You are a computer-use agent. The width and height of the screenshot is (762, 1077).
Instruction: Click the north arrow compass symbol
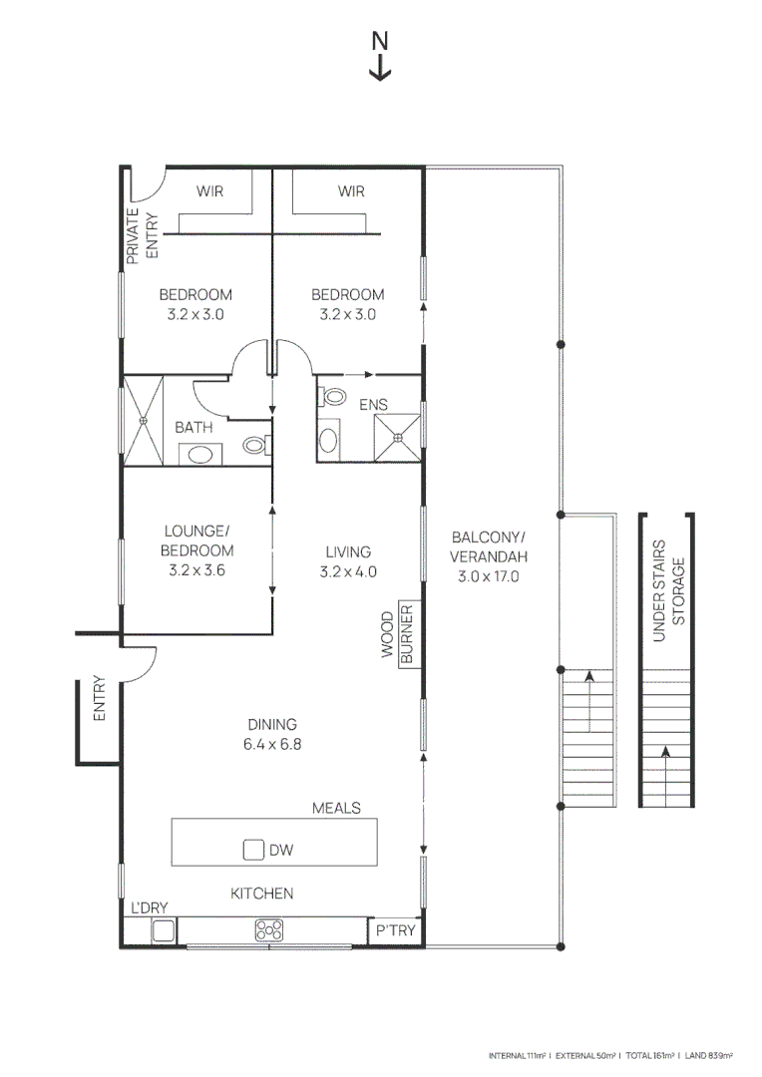(380, 56)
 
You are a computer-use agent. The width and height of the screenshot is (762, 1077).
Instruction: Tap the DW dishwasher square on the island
(253, 850)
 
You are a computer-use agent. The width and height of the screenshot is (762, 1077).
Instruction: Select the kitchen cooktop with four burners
(268, 930)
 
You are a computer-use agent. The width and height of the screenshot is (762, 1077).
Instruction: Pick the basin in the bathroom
(200, 456)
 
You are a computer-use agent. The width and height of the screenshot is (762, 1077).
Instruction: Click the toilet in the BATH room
(256, 446)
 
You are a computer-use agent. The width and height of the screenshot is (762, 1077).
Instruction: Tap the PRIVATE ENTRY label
(140, 237)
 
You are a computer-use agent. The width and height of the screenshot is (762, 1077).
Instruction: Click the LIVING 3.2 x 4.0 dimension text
(348, 561)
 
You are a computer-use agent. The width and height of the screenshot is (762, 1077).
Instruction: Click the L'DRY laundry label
(150, 906)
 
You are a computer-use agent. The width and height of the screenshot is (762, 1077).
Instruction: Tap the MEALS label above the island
(336, 807)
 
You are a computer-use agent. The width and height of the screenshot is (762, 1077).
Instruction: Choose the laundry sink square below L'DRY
(164, 931)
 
